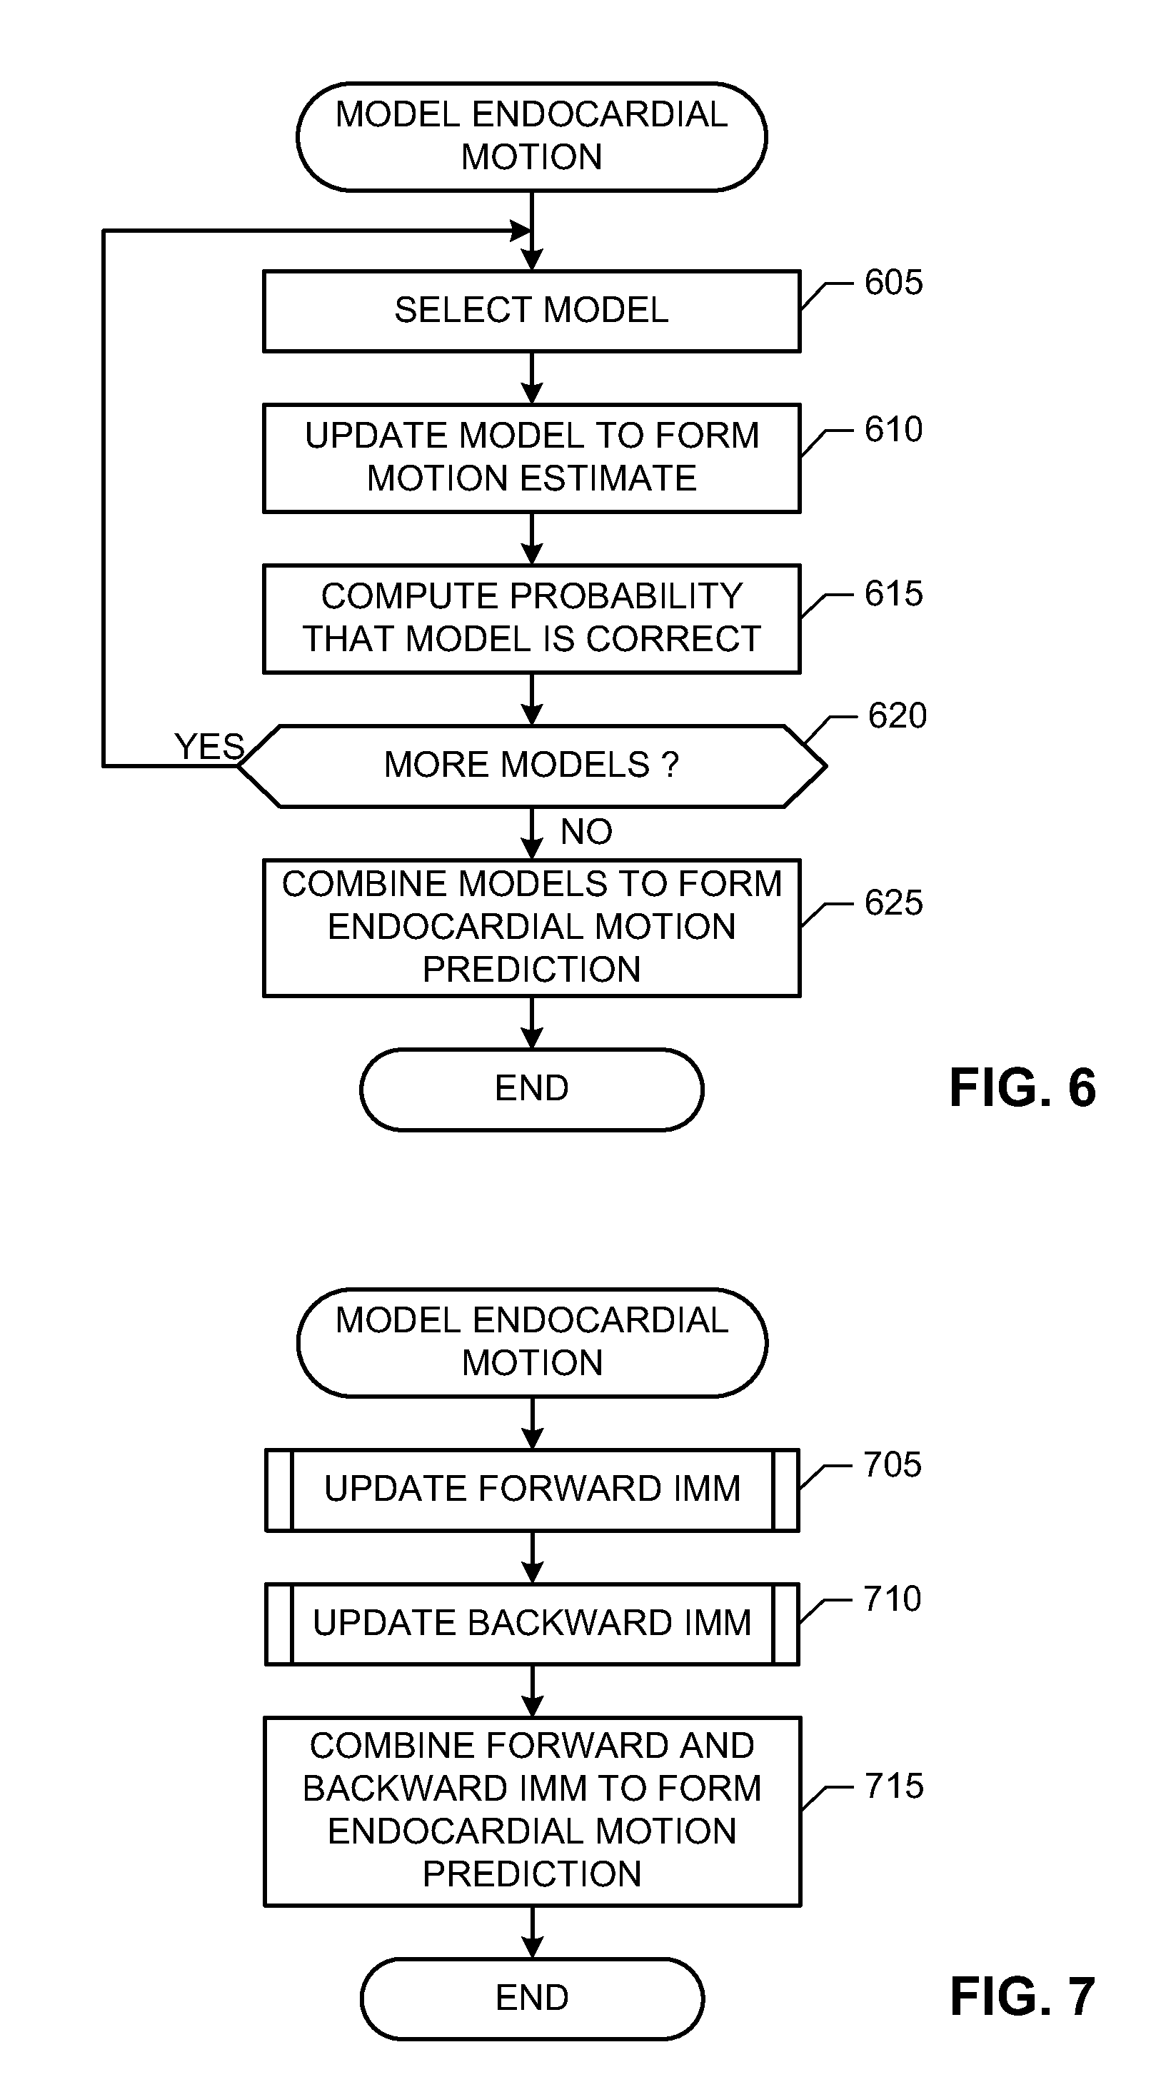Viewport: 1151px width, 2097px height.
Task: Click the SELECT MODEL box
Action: coord(531,310)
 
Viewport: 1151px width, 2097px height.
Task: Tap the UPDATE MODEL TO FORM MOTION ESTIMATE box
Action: coord(531,458)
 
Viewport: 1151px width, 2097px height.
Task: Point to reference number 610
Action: coord(893,430)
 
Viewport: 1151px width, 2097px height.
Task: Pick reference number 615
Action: coord(893,594)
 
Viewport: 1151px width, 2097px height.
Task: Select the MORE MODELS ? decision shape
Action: coord(531,765)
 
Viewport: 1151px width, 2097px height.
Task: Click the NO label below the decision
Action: coord(586,832)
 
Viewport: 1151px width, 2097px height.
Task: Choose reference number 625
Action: coord(893,902)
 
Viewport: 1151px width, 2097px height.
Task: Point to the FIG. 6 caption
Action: coord(1022,1088)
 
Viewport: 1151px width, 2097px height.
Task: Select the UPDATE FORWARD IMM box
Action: coord(531,1489)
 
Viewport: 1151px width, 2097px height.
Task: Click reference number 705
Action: coord(892,1464)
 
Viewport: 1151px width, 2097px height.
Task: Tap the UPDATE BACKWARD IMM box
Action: coord(531,1623)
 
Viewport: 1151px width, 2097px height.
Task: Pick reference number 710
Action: coord(892,1599)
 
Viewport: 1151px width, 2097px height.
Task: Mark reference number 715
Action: coord(894,1786)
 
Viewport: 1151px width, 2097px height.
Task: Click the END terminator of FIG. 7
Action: coord(531,1998)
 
